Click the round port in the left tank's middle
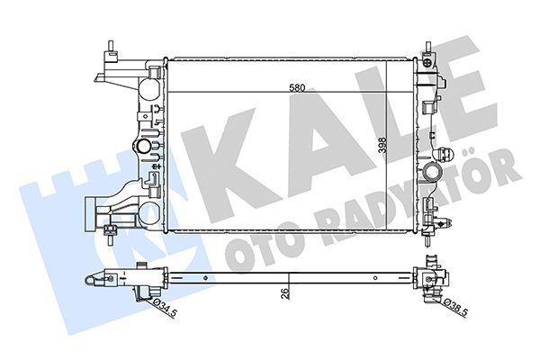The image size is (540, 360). click(x=140, y=148)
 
